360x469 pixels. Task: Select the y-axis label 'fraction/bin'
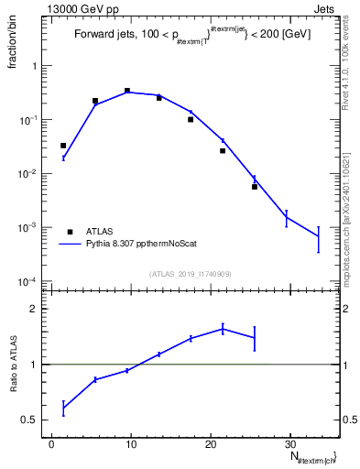pos(12,48)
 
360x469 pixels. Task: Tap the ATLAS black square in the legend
pos(71,232)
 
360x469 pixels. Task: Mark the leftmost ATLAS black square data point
pos(63,146)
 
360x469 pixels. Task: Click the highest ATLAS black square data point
pos(127,91)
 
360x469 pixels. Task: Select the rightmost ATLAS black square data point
pos(255,187)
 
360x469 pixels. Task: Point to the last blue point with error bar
pos(319,237)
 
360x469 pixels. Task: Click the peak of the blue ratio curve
pos(223,329)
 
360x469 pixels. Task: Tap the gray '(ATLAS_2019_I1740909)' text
pos(191,274)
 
